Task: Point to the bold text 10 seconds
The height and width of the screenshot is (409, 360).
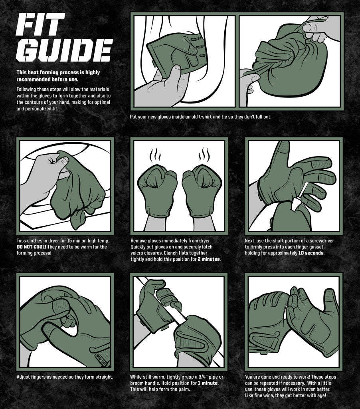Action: click(x=311, y=253)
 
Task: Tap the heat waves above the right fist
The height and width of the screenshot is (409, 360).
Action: click(x=204, y=153)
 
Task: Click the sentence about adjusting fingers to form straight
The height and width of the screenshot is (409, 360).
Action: click(x=65, y=377)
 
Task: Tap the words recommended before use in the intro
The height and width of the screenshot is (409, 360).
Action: click(x=47, y=79)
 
